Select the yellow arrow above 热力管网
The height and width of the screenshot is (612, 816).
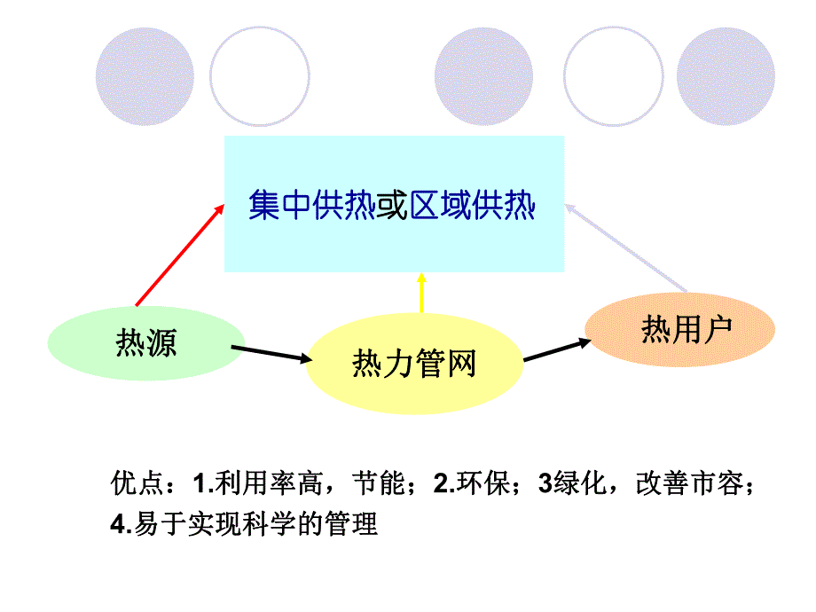pyautogui.click(x=422, y=294)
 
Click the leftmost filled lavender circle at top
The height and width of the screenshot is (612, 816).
pyautogui.click(x=145, y=75)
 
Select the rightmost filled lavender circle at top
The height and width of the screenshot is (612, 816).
pyautogui.click(x=726, y=75)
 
